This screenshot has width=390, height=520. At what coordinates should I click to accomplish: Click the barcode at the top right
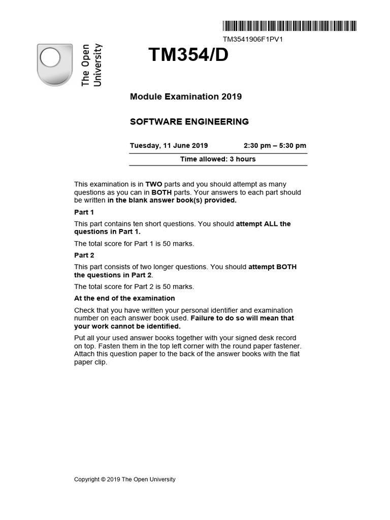(289, 26)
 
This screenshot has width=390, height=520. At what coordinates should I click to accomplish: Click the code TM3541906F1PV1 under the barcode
(252, 39)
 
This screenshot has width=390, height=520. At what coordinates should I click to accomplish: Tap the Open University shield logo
(55, 64)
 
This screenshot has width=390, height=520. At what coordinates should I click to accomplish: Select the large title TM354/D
(188, 55)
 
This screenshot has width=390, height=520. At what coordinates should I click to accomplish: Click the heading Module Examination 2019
(186, 96)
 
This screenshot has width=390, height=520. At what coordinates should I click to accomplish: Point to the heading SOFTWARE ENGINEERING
(189, 122)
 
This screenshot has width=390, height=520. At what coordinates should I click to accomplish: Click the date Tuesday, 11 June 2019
(169, 146)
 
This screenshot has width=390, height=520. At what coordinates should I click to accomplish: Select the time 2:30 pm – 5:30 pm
(275, 146)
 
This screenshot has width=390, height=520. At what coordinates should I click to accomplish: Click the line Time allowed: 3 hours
(218, 159)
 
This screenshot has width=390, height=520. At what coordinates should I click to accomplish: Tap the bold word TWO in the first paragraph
(154, 184)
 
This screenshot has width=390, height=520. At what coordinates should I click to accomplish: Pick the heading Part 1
(84, 212)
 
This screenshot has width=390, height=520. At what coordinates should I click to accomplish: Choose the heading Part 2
(84, 255)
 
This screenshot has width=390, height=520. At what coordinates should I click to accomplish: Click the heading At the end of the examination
(124, 298)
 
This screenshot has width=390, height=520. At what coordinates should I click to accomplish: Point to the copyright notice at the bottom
(125, 479)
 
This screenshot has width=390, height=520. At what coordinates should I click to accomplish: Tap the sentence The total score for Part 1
(134, 244)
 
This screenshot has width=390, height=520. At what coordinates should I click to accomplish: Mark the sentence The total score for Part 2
(134, 286)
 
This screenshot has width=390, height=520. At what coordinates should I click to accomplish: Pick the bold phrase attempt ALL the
(264, 224)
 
